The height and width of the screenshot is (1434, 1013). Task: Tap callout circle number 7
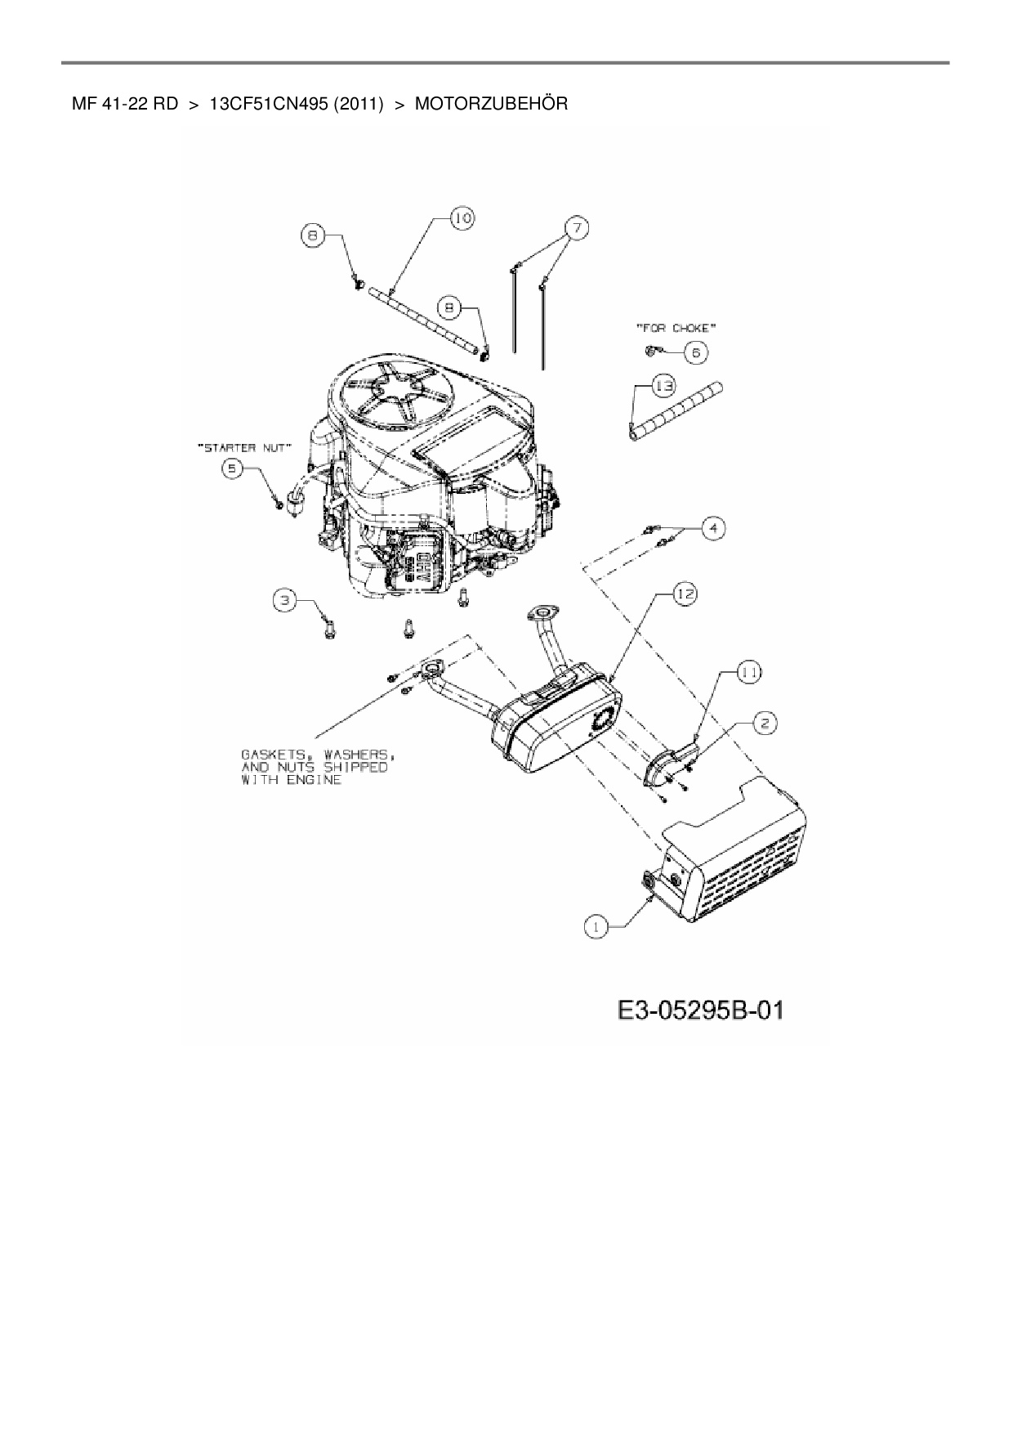click(576, 228)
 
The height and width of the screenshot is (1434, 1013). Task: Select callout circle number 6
click(697, 352)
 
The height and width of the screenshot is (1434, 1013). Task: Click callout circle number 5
click(234, 468)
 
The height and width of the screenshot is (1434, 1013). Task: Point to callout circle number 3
click(284, 601)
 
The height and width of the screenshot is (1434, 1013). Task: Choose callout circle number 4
click(713, 528)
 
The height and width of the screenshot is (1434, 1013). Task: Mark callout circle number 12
click(684, 594)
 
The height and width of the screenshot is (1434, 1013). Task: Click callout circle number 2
click(765, 723)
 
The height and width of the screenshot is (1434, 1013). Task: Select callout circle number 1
click(597, 927)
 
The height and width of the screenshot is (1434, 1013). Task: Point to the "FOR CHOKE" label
click(676, 328)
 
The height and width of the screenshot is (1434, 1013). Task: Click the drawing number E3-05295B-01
click(699, 1011)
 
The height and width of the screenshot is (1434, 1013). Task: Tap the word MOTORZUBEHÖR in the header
click(491, 104)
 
